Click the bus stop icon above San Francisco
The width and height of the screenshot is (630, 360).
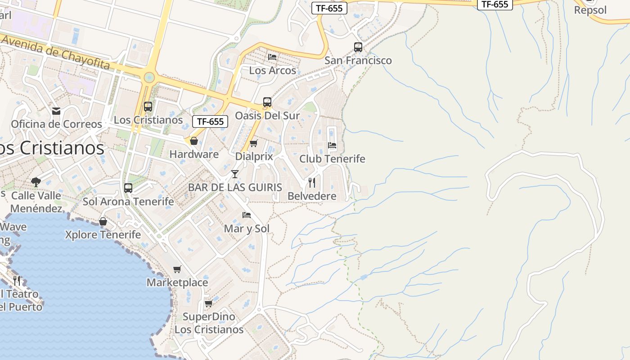(x=358, y=47)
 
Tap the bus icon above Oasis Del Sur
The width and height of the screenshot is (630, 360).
(x=267, y=102)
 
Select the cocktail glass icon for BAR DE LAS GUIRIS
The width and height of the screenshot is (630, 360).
(x=234, y=174)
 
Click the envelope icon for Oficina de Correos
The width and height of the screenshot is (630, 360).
(x=56, y=111)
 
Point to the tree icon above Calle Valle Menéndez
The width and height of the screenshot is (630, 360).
(x=36, y=182)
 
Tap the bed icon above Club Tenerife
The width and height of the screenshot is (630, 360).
(x=332, y=145)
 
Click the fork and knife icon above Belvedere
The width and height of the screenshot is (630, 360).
(x=311, y=182)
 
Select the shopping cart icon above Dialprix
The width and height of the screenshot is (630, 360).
(x=254, y=143)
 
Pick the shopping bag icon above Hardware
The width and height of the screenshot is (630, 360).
(x=194, y=141)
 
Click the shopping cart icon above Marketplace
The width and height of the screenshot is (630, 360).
(x=177, y=269)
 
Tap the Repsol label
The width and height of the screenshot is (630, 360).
(x=590, y=10)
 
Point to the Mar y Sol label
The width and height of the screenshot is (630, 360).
(x=247, y=229)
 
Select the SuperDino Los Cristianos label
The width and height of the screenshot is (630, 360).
(x=209, y=323)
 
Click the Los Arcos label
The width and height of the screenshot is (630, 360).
(x=273, y=70)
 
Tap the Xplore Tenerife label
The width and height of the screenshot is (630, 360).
(x=103, y=234)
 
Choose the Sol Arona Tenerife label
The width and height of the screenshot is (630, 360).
(x=128, y=202)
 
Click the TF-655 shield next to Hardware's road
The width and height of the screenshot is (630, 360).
(x=210, y=121)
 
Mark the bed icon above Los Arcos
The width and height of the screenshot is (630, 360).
(x=272, y=57)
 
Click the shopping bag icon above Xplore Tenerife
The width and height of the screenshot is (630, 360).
(x=103, y=221)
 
